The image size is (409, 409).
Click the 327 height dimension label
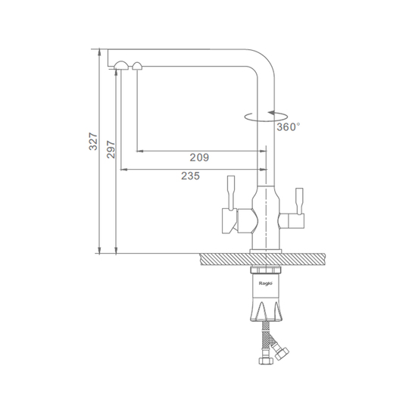[93, 142]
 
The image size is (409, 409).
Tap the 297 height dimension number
[111, 149]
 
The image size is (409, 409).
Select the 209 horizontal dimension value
[199, 158]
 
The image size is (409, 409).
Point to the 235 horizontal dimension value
[191, 176]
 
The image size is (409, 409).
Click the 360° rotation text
[289, 127]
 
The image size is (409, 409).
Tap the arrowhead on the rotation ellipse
[271, 113]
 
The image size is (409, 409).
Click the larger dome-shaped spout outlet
[121, 65]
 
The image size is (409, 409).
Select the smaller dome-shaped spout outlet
[137, 66]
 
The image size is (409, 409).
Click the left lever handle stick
[231, 192]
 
